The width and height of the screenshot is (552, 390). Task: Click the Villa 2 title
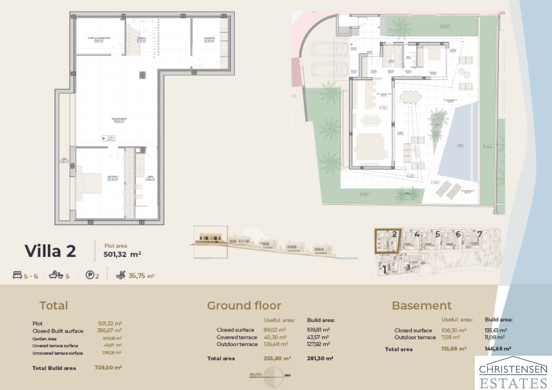(x=50, y=251)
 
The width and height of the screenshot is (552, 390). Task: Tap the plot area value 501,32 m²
(x=122, y=254)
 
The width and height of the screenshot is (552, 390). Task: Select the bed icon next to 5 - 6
(x=17, y=275)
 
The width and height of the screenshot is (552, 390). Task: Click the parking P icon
(x=90, y=275)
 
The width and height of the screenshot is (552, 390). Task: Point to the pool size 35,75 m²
(x=141, y=276)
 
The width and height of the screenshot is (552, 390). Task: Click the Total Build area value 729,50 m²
(x=108, y=368)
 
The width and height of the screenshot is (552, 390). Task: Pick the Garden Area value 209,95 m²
(x=112, y=338)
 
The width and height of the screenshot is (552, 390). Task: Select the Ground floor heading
(x=244, y=306)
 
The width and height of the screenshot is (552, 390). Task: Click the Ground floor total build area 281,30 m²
(x=320, y=358)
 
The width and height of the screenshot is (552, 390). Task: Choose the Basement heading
(x=422, y=306)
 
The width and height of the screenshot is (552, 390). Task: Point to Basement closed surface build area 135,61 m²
(x=495, y=330)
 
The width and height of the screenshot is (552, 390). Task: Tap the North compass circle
(x=274, y=377)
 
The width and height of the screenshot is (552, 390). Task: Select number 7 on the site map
(x=479, y=234)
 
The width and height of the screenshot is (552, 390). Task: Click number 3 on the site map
(x=408, y=267)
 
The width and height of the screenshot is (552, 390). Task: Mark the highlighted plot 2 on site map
(x=388, y=241)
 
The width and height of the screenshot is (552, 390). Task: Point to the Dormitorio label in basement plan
(x=112, y=178)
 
